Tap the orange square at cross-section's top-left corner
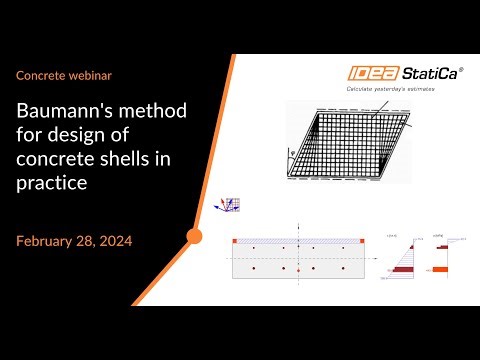235,241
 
